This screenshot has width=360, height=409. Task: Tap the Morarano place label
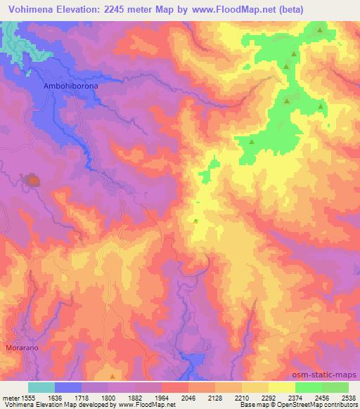(20, 348)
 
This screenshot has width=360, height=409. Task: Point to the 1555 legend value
(30, 397)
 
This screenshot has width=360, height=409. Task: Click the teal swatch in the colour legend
(41, 387)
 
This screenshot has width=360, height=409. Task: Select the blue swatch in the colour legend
(68, 387)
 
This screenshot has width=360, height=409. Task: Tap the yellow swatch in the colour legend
(281, 387)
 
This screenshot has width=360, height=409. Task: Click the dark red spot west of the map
(32, 181)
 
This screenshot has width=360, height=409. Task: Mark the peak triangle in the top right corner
(321, 30)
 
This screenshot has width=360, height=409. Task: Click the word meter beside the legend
(11, 397)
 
